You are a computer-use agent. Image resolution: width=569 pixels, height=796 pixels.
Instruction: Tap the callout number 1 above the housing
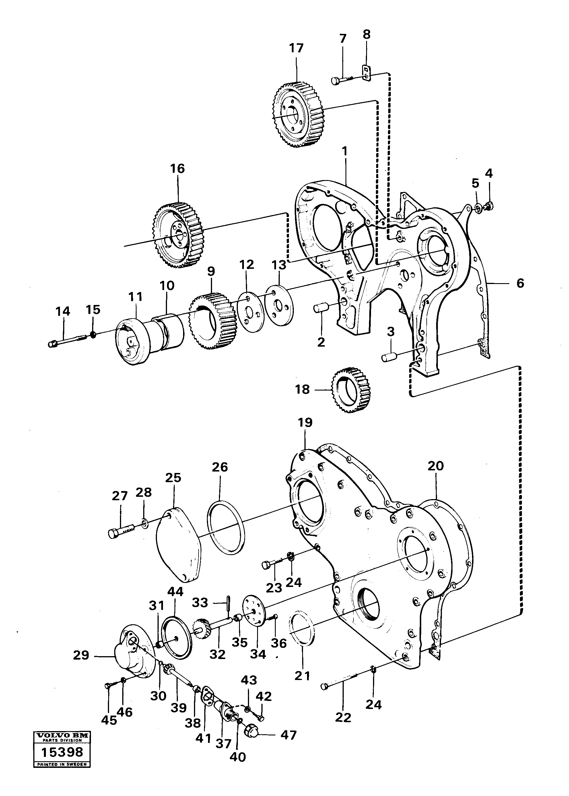345,152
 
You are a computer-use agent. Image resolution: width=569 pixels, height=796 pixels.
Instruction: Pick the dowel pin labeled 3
389,358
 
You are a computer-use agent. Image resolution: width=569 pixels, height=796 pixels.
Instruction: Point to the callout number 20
436,466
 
